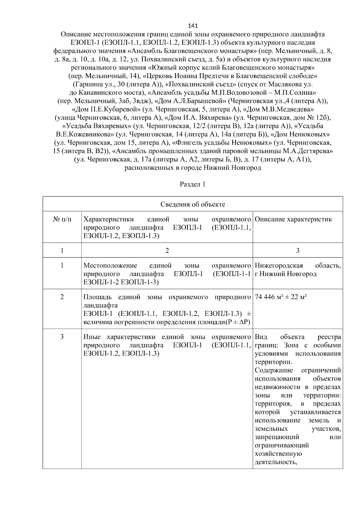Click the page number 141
pyautogui.click(x=193, y=25)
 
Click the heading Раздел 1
pyautogui.click(x=193, y=184)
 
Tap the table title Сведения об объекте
pyautogui.click(x=193, y=205)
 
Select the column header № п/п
pyautogui.click(x=62, y=219)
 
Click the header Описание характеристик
pyautogui.click(x=293, y=219)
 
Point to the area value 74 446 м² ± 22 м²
pyautogui.click(x=280, y=297)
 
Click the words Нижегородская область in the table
pyautogui.click(x=298, y=266)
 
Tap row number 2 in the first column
pyautogui.click(x=62, y=297)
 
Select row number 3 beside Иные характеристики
pyautogui.click(x=62, y=337)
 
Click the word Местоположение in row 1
pyautogui.click(x=110, y=266)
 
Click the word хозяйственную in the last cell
pyautogui.click(x=278, y=454)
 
